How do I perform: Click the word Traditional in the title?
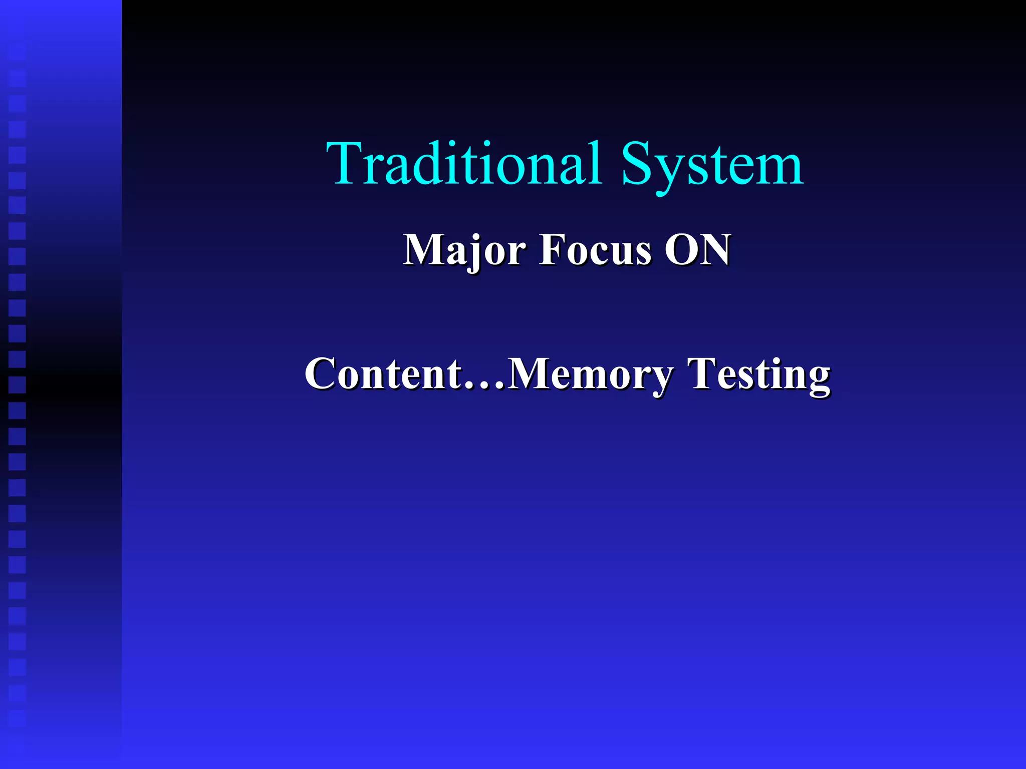[x=463, y=164]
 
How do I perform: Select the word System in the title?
[x=712, y=164]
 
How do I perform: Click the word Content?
[x=383, y=373]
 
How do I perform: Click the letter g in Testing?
[x=817, y=379]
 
